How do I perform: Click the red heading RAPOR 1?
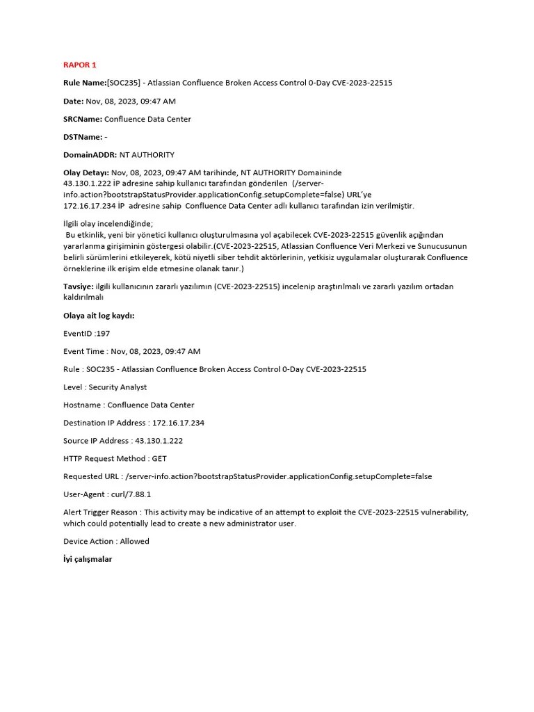pyautogui.click(x=80, y=65)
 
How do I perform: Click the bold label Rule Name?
pyautogui.click(x=85, y=83)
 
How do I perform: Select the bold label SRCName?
pyautogui.click(x=83, y=119)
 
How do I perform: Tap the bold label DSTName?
pyautogui.click(x=83, y=137)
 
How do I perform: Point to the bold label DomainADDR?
pyautogui.click(x=90, y=155)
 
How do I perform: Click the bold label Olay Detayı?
pyautogui.click(x=86, y=172)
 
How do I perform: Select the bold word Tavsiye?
pyautogui.click(x=78, y=286)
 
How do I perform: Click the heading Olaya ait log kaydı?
pyautogui.click(x=99, y=316)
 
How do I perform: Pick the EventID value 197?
pyautogui.click(x=103, y=334)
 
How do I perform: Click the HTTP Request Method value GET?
pyautogui.click(x=159, y=459)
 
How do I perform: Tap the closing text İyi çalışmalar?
pyautogui.click(x=88, y=559)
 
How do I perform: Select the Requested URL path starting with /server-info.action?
pyautogui.click(x=278, y=476)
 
